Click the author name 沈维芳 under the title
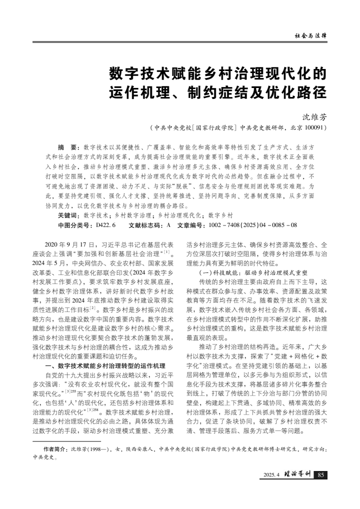[315, 116]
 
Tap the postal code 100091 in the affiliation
[315, 128]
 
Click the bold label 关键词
[69, 215]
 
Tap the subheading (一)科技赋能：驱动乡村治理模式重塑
[253, 273]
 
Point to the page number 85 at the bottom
[321, 474]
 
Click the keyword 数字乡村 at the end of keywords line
[220, 215]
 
